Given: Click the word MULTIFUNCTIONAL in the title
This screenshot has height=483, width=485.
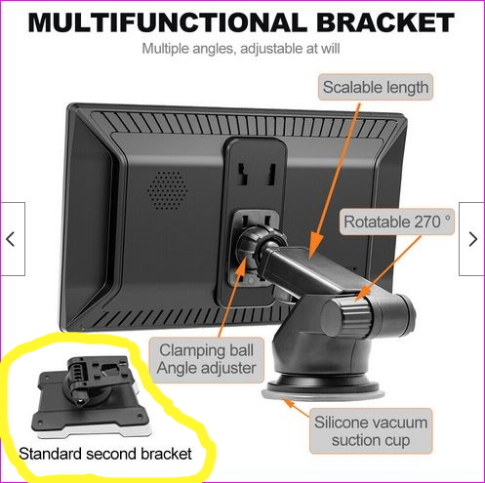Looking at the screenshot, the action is (x=167, y=22).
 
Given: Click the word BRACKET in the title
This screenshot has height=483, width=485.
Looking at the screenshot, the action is (x=385, y=22).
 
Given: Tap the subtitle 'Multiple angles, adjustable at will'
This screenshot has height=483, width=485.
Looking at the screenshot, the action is (x=241, y=49).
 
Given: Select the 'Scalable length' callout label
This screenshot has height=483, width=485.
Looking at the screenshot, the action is (x=376, y=87).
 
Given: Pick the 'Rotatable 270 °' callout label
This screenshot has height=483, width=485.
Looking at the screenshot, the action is (x=397, y=221).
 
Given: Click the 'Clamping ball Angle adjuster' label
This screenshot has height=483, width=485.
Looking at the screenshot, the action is (x=207, y=359).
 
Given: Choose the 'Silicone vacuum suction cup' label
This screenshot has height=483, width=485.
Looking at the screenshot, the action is (x=371, y=431).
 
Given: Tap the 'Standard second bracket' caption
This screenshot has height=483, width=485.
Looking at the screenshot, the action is (x=105, y=454).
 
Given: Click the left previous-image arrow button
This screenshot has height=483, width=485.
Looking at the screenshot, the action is (x=13, y=239).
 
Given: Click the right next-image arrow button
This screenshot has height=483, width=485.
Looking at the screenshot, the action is (x=472, y=239).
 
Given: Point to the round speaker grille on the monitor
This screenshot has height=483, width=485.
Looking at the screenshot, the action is (x=167, y=190).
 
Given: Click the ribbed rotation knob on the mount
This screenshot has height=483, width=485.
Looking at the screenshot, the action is (x=346, y=315).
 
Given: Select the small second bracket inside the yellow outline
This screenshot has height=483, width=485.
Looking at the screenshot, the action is (x=91, y=397).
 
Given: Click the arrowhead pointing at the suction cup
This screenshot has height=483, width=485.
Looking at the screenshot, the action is (x=289, y=403).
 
